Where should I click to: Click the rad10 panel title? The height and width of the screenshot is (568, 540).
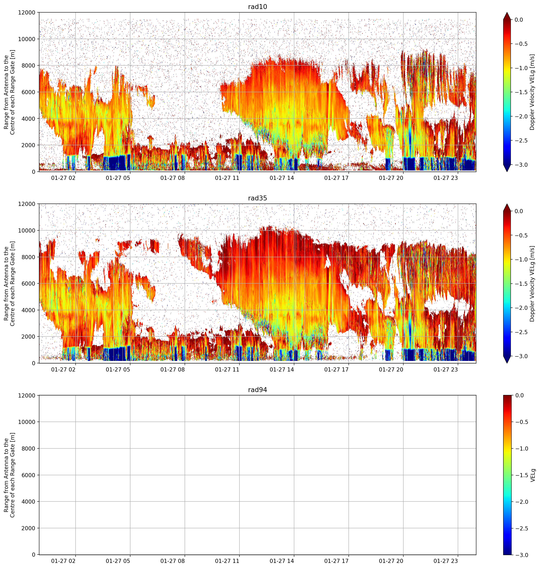257,7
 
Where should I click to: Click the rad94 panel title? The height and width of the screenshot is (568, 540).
257,390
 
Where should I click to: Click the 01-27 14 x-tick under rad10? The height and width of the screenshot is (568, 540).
282,178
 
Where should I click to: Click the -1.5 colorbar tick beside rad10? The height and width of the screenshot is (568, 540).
521,92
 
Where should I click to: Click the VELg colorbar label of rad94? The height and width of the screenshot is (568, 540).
533,475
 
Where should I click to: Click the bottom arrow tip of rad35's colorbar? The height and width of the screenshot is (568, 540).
507,363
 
